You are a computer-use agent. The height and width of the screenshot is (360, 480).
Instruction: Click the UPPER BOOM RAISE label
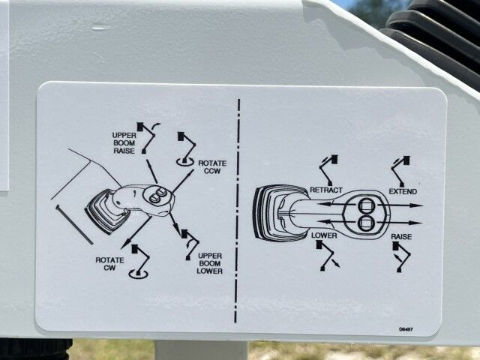pos(124,143)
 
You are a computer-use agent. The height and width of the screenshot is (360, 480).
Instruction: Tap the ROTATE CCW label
pos(212,166)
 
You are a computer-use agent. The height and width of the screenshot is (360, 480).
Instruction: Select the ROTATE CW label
pos(109,264)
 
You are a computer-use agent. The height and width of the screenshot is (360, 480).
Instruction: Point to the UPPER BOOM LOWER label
pos(210,263)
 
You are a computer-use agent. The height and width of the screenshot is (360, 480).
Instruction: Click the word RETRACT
pos(326,190)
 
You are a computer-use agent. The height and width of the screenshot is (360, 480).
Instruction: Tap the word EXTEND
pos(403,192)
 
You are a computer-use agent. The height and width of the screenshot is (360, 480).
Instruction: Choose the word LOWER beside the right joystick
pos(324,235)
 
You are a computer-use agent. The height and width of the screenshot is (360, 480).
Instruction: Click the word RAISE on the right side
pos(401,237)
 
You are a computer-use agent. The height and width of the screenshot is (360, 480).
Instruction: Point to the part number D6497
pos(406,329)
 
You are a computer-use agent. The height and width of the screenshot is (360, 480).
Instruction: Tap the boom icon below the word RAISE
pos(401,256)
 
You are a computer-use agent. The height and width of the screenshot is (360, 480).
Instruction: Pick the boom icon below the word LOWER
pos(327,255)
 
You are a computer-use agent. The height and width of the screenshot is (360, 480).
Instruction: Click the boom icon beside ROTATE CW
pos(139,261)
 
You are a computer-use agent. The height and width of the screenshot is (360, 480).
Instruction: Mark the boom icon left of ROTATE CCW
pos(186,149)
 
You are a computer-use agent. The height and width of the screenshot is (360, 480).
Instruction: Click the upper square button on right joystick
pos(365,205)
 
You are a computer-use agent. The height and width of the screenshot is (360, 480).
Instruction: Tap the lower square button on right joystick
pos(365,223)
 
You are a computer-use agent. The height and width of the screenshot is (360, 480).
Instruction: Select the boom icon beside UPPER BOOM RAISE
pos(148,137)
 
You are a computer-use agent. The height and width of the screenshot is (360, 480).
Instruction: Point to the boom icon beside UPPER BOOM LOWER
pos(190,244)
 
